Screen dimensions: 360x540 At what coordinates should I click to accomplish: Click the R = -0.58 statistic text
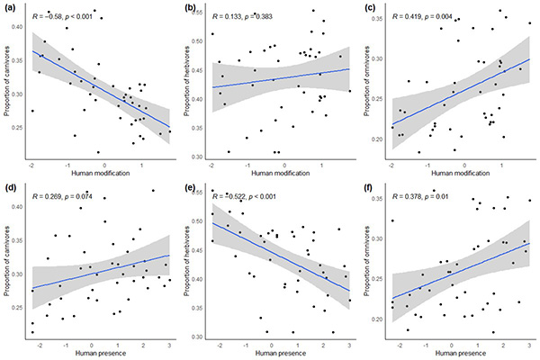pyautogui.click(x=67, y=15)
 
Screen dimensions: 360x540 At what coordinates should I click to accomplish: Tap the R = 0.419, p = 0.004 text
pyautogui.click(x=427, y=15)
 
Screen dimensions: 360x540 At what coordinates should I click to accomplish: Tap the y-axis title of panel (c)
pyautogui.click(x=369, y=86)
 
